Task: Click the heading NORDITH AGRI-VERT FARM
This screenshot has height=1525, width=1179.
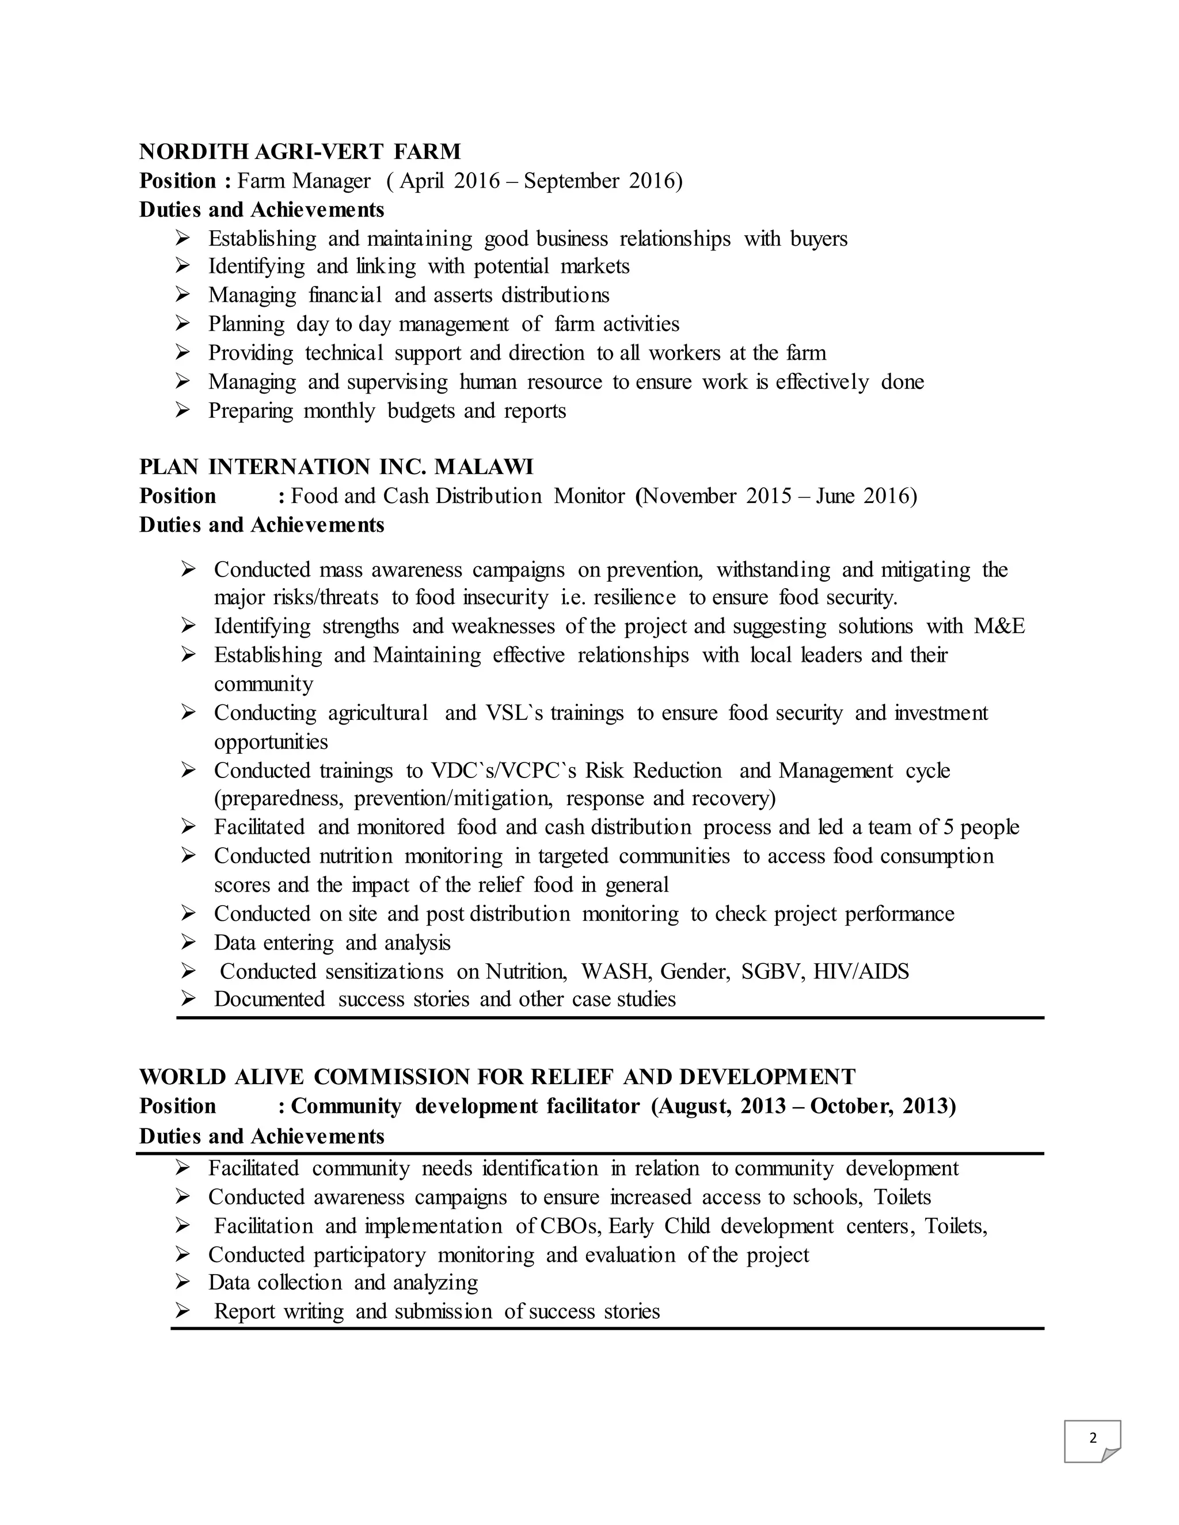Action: coord(299,151)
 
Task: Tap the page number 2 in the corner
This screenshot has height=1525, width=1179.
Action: coord(1093,1438)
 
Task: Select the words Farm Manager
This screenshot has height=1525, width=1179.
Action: coord(304,181)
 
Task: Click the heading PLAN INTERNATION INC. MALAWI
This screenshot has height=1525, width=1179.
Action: coord(336,467)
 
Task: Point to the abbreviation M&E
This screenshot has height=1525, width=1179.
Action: coord(999,626)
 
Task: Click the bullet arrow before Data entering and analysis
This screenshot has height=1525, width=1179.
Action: coord(187,943)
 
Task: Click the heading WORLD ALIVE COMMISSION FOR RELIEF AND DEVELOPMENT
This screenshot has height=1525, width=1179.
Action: coord(497,1077)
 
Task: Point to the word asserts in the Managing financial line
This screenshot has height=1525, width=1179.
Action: coord(463,295)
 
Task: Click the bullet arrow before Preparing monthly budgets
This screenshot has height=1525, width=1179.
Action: coord(182,410)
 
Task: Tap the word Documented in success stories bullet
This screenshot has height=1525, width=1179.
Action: coord(269,999)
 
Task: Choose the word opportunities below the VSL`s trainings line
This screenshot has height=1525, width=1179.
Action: coord(271,742)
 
